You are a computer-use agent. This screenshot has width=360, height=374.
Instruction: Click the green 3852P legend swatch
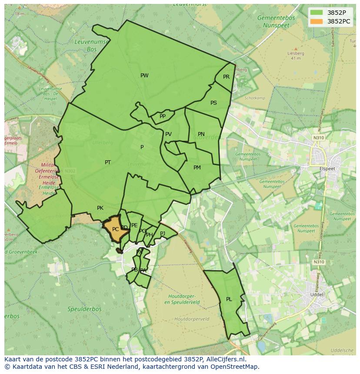[317, 13]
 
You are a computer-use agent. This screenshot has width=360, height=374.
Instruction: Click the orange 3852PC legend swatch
[317, 21]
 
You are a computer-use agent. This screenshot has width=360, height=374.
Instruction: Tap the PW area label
[144, 76]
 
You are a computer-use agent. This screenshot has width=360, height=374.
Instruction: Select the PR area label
[226, 77]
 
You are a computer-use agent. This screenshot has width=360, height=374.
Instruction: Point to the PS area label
[213, 103]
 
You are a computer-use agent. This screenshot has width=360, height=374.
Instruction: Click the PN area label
[201, 134]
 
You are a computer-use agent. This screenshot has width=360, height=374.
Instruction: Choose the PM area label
[197, 168]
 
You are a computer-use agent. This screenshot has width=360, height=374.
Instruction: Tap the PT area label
[108, 162]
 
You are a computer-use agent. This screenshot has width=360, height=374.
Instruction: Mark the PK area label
[100, 208]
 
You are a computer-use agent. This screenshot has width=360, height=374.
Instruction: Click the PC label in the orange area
[115, 229]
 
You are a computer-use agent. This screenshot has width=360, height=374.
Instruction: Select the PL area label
[229, 299]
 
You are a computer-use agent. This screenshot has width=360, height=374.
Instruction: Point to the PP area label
[163, 116]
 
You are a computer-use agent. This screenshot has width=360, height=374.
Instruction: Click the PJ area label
[163, 234]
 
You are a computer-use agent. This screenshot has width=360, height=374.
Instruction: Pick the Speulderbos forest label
[84, 309]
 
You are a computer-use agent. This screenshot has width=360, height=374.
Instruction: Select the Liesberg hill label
[295, 53]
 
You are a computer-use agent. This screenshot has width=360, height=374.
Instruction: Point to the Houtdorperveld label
[192, 319]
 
